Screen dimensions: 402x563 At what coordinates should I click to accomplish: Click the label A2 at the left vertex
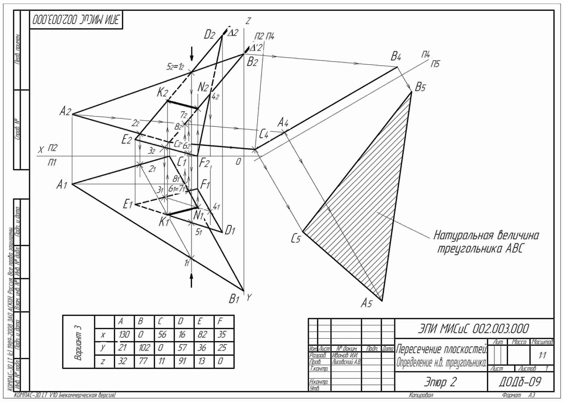point(65,111)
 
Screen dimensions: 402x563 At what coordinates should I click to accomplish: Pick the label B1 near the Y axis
point(235,299)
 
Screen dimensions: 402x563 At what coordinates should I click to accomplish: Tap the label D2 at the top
point(209,34)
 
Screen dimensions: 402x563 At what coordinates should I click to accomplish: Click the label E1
point(128,204)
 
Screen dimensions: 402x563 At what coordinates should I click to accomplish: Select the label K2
point(162,93)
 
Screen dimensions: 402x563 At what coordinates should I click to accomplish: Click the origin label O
point(238,162)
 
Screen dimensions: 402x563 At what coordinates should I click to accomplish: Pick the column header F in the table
point(221,322)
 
